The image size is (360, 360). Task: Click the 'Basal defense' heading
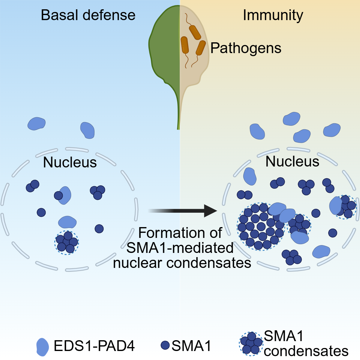[x=88, y=15]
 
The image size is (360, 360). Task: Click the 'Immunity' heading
[x=273, y=15]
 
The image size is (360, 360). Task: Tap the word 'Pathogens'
[x=246, y=48]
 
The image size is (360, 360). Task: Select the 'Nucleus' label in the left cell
[x=70, y=162]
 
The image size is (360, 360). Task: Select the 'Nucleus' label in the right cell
[x=292, y=161]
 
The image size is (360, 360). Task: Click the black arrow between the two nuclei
[x=183, y=211]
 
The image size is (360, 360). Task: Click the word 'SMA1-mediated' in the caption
[x=180, y=248]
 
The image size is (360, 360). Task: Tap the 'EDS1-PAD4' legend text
[x=94, y=346]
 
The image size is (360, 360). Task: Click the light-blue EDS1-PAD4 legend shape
[x=42, y=347]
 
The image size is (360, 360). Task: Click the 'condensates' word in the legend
[x=306, y=351]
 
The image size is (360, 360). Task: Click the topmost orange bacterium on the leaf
[x=195, y=32]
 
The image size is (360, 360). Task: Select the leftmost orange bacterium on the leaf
[x=184, y=45]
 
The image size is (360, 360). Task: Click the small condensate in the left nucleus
[x=67, y=242]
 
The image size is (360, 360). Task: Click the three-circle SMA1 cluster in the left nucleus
[x=97, y=192]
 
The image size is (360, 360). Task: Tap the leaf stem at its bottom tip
[x=178, y=127]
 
